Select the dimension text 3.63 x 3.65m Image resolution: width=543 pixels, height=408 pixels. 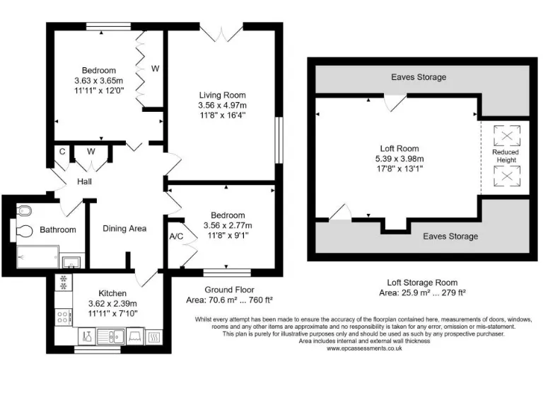coord(99,81)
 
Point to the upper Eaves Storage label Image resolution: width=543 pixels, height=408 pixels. coord(419,76)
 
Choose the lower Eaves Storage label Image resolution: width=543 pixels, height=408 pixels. coord(450,236)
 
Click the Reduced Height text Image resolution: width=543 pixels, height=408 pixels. coord(506,156)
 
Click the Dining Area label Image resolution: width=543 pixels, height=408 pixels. coord(124,228)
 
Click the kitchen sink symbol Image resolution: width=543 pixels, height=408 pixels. coord(111,336)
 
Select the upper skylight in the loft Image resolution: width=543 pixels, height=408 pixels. coord(506,134)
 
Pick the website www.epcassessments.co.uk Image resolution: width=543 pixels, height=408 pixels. coord(365,348)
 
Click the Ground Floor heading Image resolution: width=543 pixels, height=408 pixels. coord(229,290)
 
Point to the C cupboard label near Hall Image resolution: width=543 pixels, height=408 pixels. coord(62,151)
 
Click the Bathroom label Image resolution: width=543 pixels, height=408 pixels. coord(57,229)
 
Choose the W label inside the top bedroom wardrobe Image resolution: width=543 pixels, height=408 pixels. coord(155,69)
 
